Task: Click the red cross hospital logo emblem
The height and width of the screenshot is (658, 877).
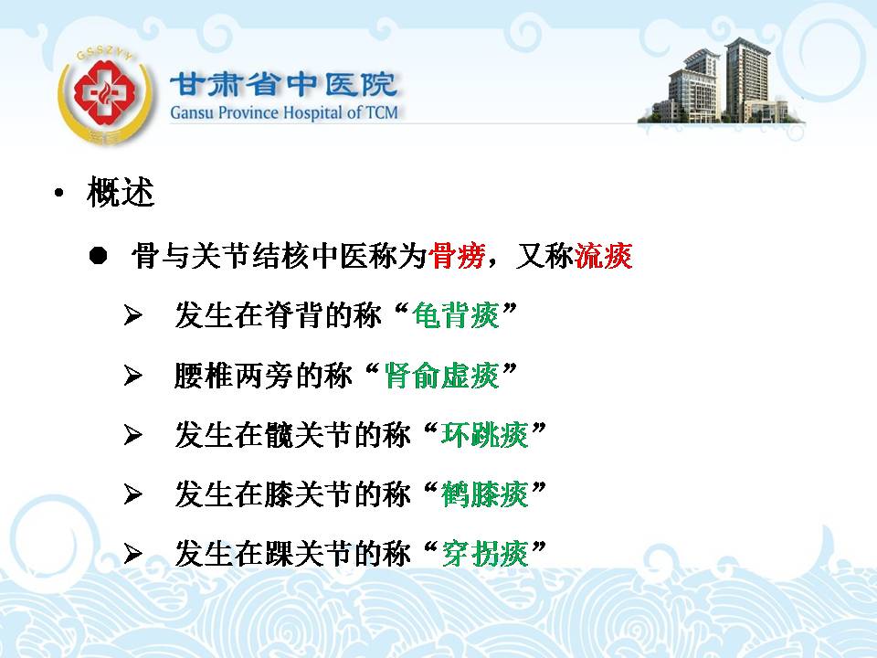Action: click(x=105, y=94)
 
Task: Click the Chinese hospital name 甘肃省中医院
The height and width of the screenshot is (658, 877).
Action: click(x=283, y=85)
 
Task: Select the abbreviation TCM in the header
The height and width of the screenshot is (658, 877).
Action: click(x=382, y=112)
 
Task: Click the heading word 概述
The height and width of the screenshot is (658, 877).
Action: click(x=121, y=193)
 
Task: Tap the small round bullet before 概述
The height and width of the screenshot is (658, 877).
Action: click(x=58, y=194)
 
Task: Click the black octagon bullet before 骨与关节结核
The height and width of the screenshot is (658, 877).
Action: click(x=98, y=255)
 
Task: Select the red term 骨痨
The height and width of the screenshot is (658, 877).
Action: click(x=457, y=256)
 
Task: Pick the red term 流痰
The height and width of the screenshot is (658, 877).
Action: click(x=604, y=256)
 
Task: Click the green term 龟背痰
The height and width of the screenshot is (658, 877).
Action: click(x=455, y=315)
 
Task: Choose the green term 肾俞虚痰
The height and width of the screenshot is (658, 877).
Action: click(x=441, y=376)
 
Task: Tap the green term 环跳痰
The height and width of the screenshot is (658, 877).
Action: click(x=484, y=435)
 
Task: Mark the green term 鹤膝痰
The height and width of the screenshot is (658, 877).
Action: click(x=484, y=494)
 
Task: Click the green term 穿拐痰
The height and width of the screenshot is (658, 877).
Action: click(x=484, y=554)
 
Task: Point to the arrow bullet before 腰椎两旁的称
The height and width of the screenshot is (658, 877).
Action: click(x=133, y=376)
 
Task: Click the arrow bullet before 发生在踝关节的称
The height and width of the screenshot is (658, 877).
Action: click(x=133, y=554)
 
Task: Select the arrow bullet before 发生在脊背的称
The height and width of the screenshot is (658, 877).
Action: click(x=133, y=315)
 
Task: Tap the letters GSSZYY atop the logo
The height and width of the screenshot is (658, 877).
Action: click(x=106, y=54)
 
